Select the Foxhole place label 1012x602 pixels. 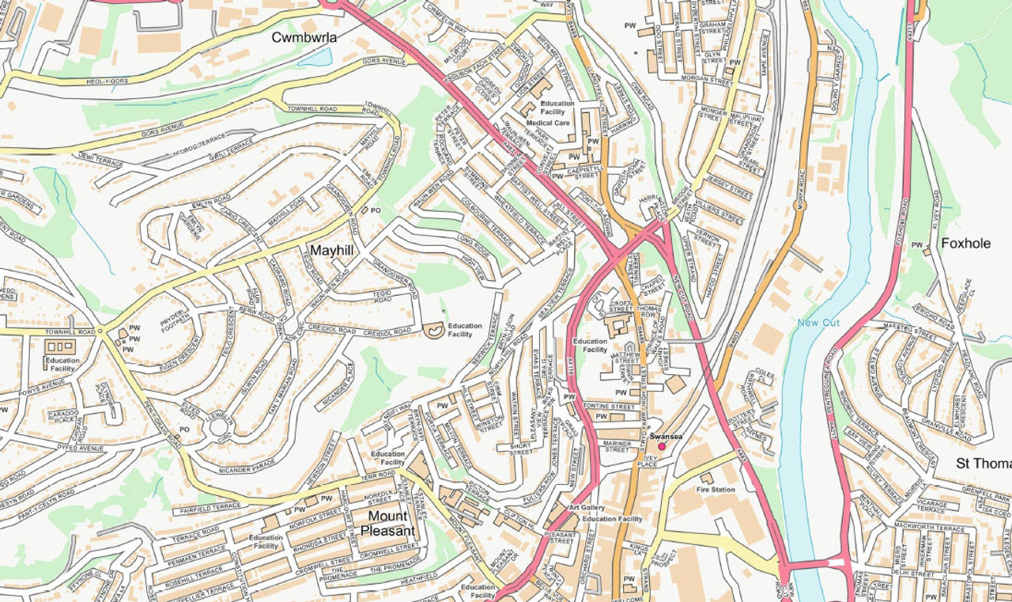point(965,243)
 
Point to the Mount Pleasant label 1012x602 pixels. point(387,524)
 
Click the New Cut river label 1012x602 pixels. point(818,322)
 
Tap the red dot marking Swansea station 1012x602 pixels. point(662,446)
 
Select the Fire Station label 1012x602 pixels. point(715,490)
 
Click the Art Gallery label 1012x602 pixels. point(586,507)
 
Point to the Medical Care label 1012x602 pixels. point(548,123)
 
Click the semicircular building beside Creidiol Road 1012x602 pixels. point(433,330)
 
